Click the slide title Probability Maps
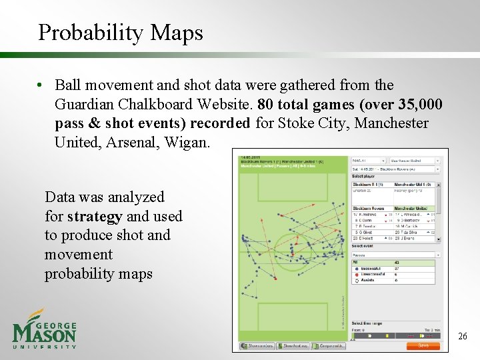[x=120, y=32]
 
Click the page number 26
[x=463, y=337]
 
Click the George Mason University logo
[x=44, y=329]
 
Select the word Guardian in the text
[x=85, y=105]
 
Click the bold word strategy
[x=94, y=216]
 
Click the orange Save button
[x=423, y=346]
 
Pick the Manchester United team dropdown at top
[x=417, y=161]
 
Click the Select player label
[x=363, y=176]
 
